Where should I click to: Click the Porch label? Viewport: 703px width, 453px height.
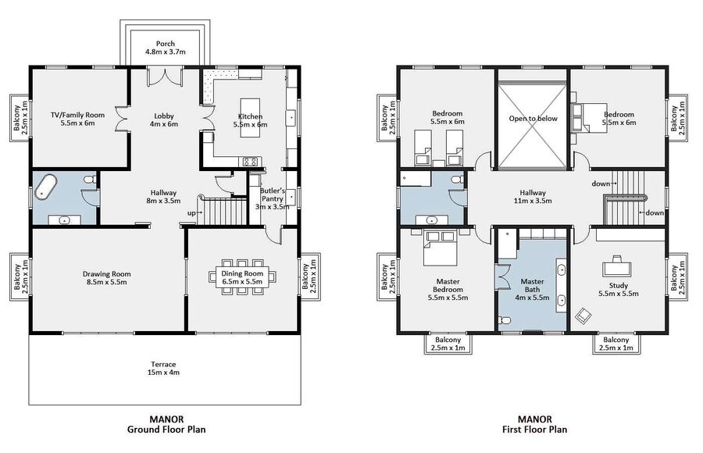click(x=166, y=48)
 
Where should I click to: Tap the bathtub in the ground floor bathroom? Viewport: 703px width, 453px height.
click(x=46, y=187)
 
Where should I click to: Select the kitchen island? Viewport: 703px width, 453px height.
click(x=250, y=118)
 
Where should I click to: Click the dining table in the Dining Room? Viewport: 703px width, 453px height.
click(x=242, y=277)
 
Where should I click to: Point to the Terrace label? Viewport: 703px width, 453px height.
click(x=163, y=368)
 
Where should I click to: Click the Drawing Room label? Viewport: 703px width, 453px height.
click(x=107, y=277)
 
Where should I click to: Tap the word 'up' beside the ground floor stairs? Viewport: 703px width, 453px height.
click(x=191, y=213)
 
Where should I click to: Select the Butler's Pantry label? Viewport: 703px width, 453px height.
click(x=272, y=198)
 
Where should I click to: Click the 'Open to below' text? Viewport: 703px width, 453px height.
click(x=533, y=119)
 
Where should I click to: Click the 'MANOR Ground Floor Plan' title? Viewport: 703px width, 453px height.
click(x=166, y=424)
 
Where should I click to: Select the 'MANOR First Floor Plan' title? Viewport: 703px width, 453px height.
click(x=535, y=424)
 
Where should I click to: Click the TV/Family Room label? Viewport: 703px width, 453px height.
click(x=77, y=119)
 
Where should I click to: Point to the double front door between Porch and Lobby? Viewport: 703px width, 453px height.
click(x=165, y=75)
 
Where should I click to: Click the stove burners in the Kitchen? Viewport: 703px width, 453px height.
click(x=252, y=162)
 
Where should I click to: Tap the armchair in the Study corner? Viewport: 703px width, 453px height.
click(x=583, y=316)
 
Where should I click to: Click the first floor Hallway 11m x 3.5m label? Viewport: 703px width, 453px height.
click(x=533, y=197)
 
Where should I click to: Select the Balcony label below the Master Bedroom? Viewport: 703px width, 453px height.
click(x=448, y=344)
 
